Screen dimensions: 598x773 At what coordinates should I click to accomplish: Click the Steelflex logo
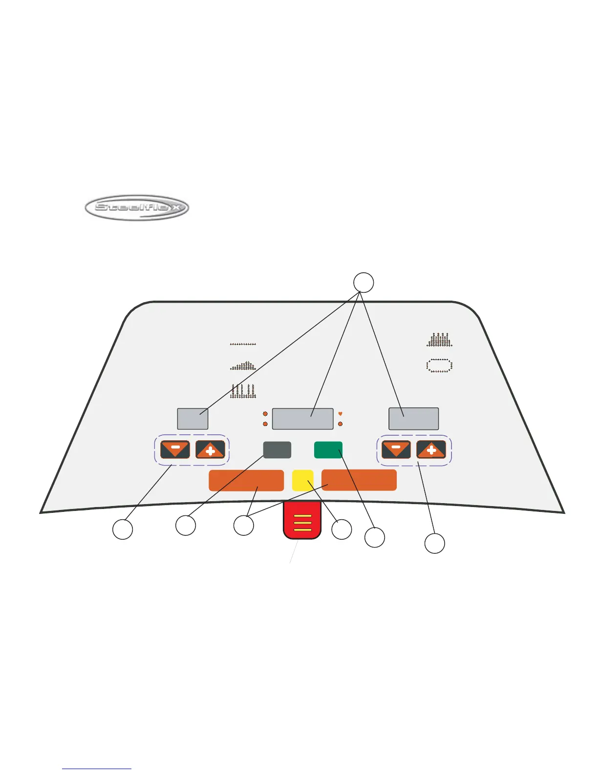click(x=136, y=208)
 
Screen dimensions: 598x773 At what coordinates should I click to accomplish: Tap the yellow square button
click(x=302, y=480)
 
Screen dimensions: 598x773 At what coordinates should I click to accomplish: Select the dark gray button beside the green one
click(x=277, y=449)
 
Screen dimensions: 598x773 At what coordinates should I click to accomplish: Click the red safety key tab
click(x=302, y=521)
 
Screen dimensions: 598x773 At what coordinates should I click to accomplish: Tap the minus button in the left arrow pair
click(x=175, y=449)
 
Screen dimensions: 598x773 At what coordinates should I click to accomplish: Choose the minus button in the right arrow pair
click(x=396, y=449)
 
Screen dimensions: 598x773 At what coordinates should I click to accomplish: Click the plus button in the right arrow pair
click(x=431, y=449)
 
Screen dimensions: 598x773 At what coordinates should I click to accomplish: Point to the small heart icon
click(x=340, y=414)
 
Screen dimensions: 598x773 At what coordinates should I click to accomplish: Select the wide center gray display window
click(x=302, y=419)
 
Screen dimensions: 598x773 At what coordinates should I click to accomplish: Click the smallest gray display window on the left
click(x=192, y=419)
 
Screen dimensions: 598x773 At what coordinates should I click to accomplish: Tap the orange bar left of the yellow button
click(x=246, y=480)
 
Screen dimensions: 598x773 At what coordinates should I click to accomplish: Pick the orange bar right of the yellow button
click(x=359, y=480)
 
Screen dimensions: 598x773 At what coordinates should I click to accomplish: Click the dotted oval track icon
click(x=440, y=366)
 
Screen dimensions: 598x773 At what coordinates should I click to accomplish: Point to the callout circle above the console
click(x=363, y=283)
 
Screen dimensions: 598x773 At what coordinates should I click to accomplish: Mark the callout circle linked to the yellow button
click(x=342, y=529)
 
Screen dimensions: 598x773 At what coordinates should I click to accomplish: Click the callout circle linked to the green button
click(x=375, y=537)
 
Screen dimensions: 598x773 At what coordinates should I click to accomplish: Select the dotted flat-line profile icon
click(x=243, y=344)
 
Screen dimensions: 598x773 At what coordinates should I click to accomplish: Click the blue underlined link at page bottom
click(x=97, y=769)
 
